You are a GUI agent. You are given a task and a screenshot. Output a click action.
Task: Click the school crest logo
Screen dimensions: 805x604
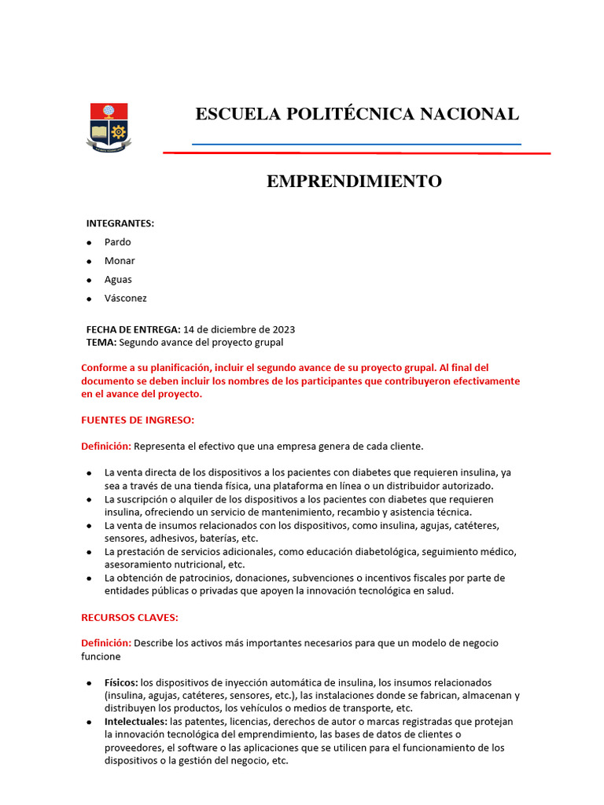click(x=109, y=127)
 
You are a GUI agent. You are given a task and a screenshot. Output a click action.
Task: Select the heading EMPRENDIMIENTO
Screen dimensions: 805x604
click(x=354, y=182)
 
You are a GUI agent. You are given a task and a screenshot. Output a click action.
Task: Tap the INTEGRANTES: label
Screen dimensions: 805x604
click(x=120, y=223)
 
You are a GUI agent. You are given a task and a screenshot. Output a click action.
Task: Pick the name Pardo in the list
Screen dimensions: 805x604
click(x=118, y=242)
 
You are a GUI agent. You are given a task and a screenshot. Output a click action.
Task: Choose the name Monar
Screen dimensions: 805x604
click(x=120, y=261)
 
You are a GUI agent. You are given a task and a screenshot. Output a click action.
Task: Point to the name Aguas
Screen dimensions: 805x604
click(x=118, y=280)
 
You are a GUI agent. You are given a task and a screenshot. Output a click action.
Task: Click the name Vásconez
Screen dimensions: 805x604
click(x=126, y=299)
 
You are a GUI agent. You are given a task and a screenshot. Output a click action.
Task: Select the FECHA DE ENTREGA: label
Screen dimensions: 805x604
click(x=133, y=329)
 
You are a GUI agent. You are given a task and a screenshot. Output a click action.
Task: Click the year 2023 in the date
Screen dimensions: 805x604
click(x=283, y=329)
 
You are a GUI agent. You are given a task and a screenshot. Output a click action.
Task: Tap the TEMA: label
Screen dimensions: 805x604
click(x=101, y=343)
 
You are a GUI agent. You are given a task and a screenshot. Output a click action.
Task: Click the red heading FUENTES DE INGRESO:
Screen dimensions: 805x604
click(x=138, y=420)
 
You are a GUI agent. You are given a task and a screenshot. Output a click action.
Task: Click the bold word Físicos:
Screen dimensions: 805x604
click(x=121, y=682)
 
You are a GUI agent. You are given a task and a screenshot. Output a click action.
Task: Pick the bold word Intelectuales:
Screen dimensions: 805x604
click(x=135, y=722)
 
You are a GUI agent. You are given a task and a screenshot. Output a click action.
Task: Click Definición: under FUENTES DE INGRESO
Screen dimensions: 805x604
click(x=106, y=447)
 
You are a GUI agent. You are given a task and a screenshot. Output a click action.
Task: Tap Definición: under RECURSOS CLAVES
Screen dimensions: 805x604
click(x=106, y=643)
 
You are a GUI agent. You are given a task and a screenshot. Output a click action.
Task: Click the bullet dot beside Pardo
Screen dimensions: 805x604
click(x=90, y=243)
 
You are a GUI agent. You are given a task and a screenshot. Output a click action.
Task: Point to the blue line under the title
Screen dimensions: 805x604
click(x=356, y=145)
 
